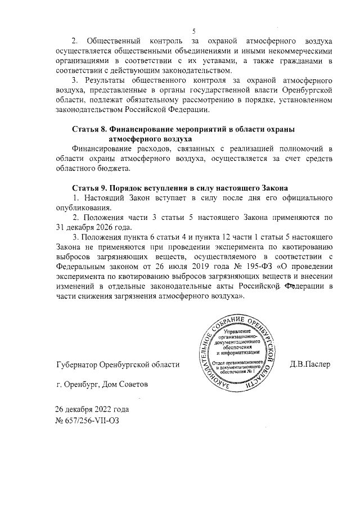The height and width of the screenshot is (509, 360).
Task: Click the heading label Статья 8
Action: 90,129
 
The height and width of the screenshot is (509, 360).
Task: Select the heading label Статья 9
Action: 90,187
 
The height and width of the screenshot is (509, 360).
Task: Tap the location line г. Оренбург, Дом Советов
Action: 100,385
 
